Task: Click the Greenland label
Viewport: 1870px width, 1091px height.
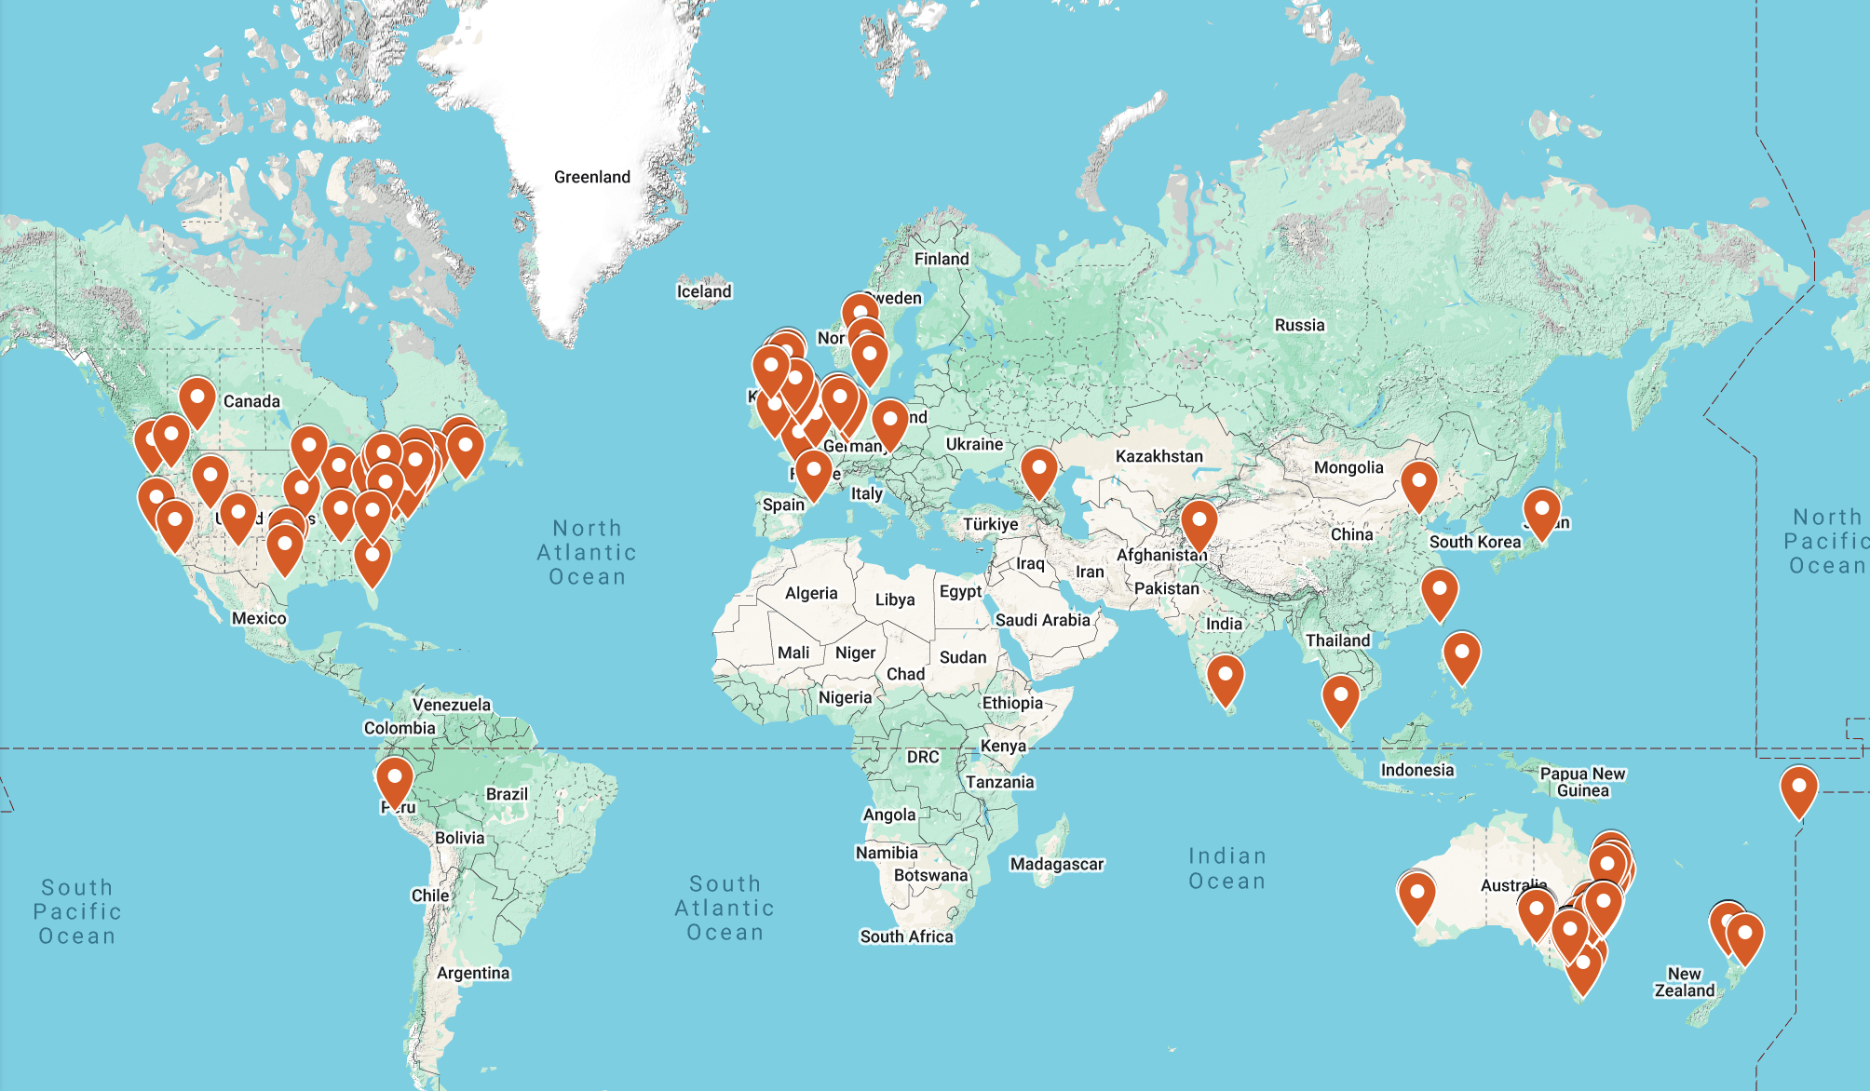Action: coord(591,177)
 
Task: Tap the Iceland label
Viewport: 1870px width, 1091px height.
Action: coord(704,291)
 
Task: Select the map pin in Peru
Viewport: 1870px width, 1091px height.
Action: coord(395,780)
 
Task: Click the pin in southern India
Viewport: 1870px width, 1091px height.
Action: coord(1225,677)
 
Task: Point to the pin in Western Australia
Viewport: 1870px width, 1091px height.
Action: coord(1416,895)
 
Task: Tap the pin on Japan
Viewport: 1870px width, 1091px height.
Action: coord(1541,512)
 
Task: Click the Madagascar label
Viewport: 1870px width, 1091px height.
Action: coord(1057,864)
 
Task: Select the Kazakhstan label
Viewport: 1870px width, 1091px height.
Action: coord(1159,456)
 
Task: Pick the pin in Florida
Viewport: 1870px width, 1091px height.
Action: coord(373,560)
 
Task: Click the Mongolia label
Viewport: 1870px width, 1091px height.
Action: coord(1348,467)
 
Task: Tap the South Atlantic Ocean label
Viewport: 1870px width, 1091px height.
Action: coord(725,908)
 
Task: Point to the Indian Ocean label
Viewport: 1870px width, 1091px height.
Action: coord(1227,869)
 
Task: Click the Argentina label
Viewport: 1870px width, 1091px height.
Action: coord(473,973)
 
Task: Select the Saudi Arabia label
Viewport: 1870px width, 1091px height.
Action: coord(1042,620)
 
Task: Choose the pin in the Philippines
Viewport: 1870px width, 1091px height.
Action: coord(1461,655)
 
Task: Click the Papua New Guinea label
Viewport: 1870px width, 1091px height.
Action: coord(1582,782)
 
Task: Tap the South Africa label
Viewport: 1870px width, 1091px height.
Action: coord(906,936)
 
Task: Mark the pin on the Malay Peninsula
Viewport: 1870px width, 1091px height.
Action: coord(1340,698)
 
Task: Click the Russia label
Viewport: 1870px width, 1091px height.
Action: coord(1299,325)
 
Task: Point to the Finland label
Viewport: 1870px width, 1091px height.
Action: coord(942,259)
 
